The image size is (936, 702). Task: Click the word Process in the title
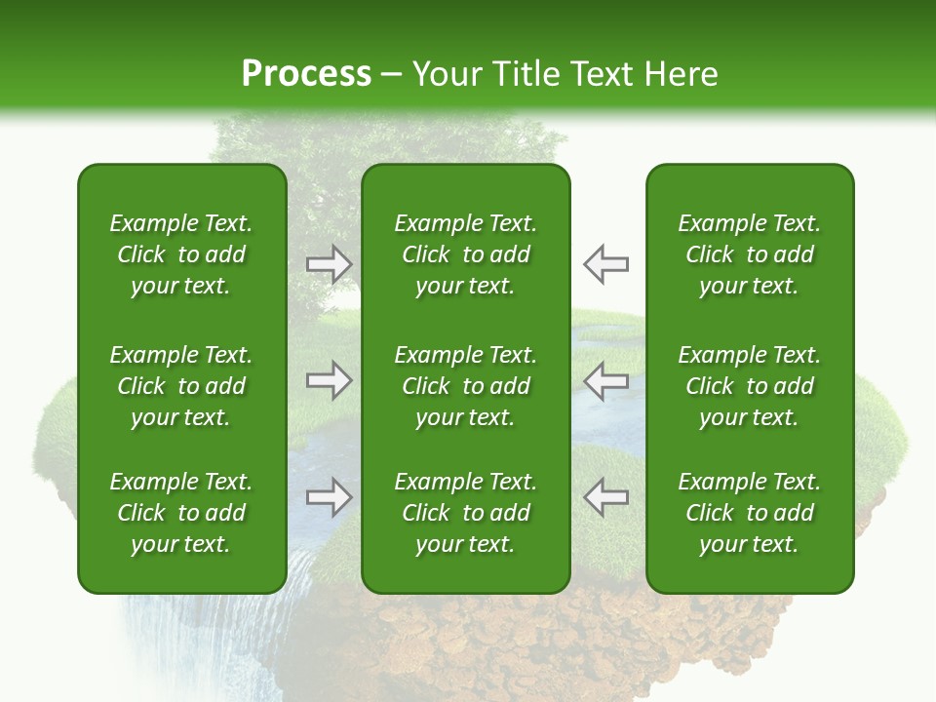tap(306, 74)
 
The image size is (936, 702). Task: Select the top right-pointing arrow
tap(330, 264)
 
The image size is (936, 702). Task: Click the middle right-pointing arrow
tap(330, 380)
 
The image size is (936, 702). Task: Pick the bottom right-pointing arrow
tap(330, 497)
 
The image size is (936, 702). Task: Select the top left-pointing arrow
tap(605, 264)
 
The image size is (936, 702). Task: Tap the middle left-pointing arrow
tap(605, 380)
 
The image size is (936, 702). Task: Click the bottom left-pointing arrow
tap(605, 497)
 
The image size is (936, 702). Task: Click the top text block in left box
tap(181, 254)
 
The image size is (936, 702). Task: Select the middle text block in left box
tap(181, 386)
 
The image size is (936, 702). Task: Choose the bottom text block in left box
tap(181, 513)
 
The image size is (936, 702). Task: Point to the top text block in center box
tap(466, 254)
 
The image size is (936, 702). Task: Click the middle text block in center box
tap(466, 386)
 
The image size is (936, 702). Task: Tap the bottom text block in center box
tap(466, 513)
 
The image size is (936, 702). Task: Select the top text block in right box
tap(750, 254)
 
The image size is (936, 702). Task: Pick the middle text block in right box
tap(750, 386)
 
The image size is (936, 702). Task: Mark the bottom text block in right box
tap(750, 513)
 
